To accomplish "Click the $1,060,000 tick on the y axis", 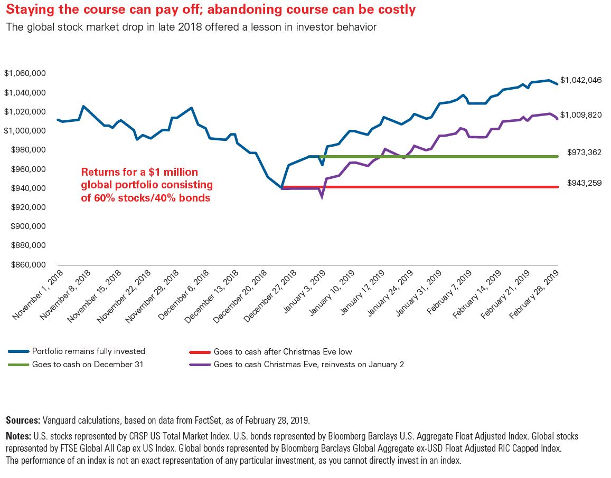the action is point(24,73).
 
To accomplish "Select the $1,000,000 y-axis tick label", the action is point(24,131).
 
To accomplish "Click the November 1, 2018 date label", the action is point(38,295).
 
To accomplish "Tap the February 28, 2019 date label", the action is point(534,295).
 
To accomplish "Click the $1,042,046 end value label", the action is point(581,80).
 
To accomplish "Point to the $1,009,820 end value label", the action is point(581,115).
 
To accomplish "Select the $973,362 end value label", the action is point(584,152).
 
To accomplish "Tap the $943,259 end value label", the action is point(584,183).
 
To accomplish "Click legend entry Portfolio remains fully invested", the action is point(88,351).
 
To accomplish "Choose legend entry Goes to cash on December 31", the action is point(88,365).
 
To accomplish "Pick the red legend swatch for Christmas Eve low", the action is point(200,352).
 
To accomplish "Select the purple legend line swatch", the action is point(200,365).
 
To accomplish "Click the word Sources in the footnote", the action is point(23,420).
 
